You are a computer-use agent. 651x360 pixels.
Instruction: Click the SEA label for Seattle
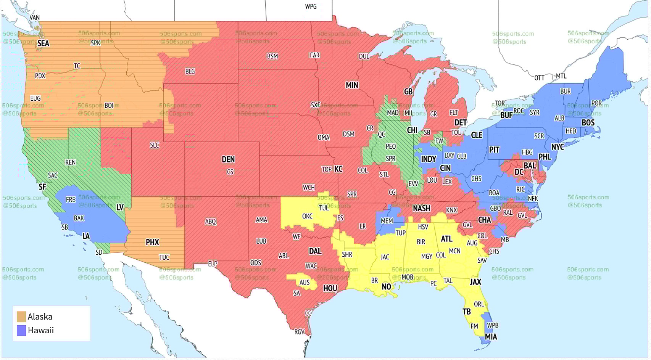click(43, 43)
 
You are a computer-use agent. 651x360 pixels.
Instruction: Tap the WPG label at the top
click(311, 6)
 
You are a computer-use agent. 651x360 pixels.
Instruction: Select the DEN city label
click(228, 159)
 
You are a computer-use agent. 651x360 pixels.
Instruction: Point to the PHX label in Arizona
click(152, 242)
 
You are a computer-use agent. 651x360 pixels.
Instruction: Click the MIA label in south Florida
click(491, 337)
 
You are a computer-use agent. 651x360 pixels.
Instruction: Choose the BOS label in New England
click(588, 123)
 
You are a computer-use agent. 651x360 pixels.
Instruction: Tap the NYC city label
click(558, 147)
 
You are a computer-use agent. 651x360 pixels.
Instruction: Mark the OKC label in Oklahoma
click(307, 216)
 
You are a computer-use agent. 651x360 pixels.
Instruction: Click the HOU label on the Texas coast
click(330, 288)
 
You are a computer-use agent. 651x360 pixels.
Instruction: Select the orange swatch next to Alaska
click(21, 317)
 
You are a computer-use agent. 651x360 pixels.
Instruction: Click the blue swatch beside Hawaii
click(21, 330)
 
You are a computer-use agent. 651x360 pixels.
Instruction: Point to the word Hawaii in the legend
click(41, 330)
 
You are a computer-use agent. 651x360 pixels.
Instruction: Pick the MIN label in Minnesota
click(352, 85)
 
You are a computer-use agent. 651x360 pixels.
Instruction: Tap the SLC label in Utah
click(155, 145)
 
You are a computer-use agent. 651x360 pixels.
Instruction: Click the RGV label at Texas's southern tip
click(300, 332)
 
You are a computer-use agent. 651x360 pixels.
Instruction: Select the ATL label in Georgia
click(446, 239)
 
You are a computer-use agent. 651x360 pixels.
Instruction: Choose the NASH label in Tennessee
click(421, 208)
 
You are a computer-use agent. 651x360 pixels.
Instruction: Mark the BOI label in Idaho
click(109, 106)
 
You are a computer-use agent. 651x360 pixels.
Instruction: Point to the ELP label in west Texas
click(213, 264)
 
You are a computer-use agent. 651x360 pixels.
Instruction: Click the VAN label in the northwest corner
click(34, 18)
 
